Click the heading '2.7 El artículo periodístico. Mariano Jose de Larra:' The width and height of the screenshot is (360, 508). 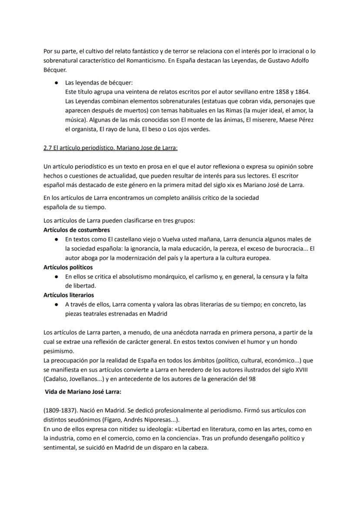click(x=110, y=148)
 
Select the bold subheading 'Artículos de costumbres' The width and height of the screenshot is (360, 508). click(x=77, y=230)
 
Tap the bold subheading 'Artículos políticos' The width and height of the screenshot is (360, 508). click(x=68, y=267)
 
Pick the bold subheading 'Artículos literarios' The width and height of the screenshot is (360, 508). click(x=69, y=295)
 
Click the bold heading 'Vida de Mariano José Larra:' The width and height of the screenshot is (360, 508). click(x=83, y=392)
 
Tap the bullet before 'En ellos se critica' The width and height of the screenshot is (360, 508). click(x=57, y=277)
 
